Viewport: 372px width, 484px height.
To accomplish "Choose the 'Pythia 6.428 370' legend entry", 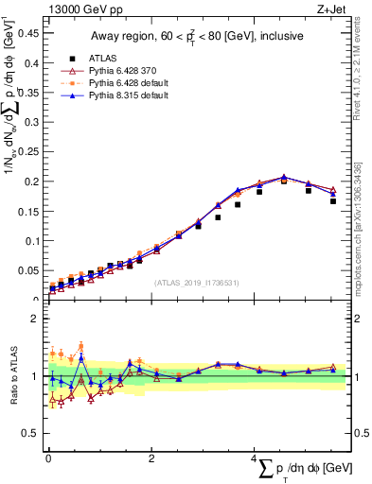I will (x=125, y=70).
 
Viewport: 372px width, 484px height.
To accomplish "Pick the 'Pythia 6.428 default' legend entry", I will (x=129, y=83).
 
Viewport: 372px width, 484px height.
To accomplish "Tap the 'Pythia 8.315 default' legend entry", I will (x=129, y=96).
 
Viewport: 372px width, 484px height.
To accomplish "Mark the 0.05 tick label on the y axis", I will (x=28, y=270).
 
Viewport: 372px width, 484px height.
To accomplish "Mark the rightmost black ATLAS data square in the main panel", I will (x=333, y=201).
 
